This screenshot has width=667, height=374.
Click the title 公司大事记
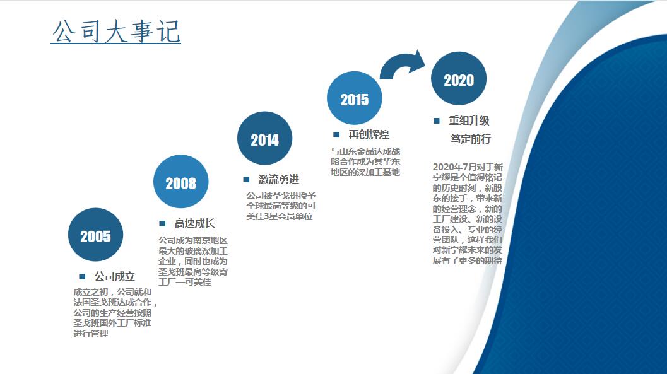116,31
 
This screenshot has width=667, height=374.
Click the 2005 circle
95,235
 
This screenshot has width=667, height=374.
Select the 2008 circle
180,182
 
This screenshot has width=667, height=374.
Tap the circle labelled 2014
264,138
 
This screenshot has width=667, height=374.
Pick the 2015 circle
355,98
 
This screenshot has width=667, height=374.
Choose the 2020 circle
459,79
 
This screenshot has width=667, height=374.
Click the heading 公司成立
114,277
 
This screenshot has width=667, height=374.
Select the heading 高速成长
194,223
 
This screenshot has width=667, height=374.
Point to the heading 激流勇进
279,179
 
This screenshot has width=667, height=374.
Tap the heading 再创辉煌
369,135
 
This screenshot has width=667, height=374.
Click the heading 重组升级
469,120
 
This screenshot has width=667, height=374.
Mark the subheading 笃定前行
471,139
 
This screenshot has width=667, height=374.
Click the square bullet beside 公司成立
82,277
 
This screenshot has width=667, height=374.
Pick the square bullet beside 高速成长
162,223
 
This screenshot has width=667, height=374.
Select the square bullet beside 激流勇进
246,179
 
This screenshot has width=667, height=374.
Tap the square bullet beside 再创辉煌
336,135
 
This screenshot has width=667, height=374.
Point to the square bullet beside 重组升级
436,120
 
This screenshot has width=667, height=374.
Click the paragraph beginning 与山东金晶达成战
365,161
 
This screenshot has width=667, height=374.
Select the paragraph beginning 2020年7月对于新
468,214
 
